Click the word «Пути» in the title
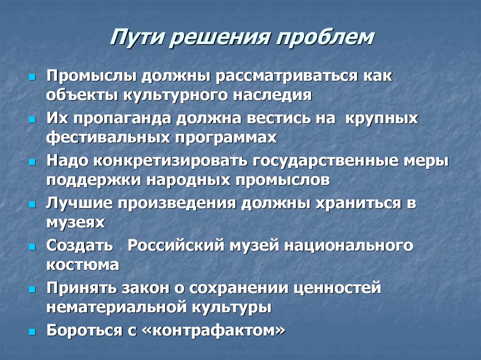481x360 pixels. (x=137, y=38)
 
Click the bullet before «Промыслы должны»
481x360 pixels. (x=32, y=77)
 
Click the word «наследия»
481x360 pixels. (x=272, y=95)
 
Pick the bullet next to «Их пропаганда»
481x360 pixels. (x=32, y=119)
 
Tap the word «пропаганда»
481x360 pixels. (x=122, y=119)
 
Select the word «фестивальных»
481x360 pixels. (x=108, y=137)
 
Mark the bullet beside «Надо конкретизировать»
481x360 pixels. (x=32, y=161)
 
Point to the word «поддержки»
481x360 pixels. (x=94, y=180)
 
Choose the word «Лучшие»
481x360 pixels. (x=79, y=203)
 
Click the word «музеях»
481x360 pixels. (x=76, y=222)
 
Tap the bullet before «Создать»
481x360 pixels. (x=32, y=246)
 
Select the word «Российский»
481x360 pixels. (x=176, y=245)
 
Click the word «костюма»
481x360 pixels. (x=83, y=265)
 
